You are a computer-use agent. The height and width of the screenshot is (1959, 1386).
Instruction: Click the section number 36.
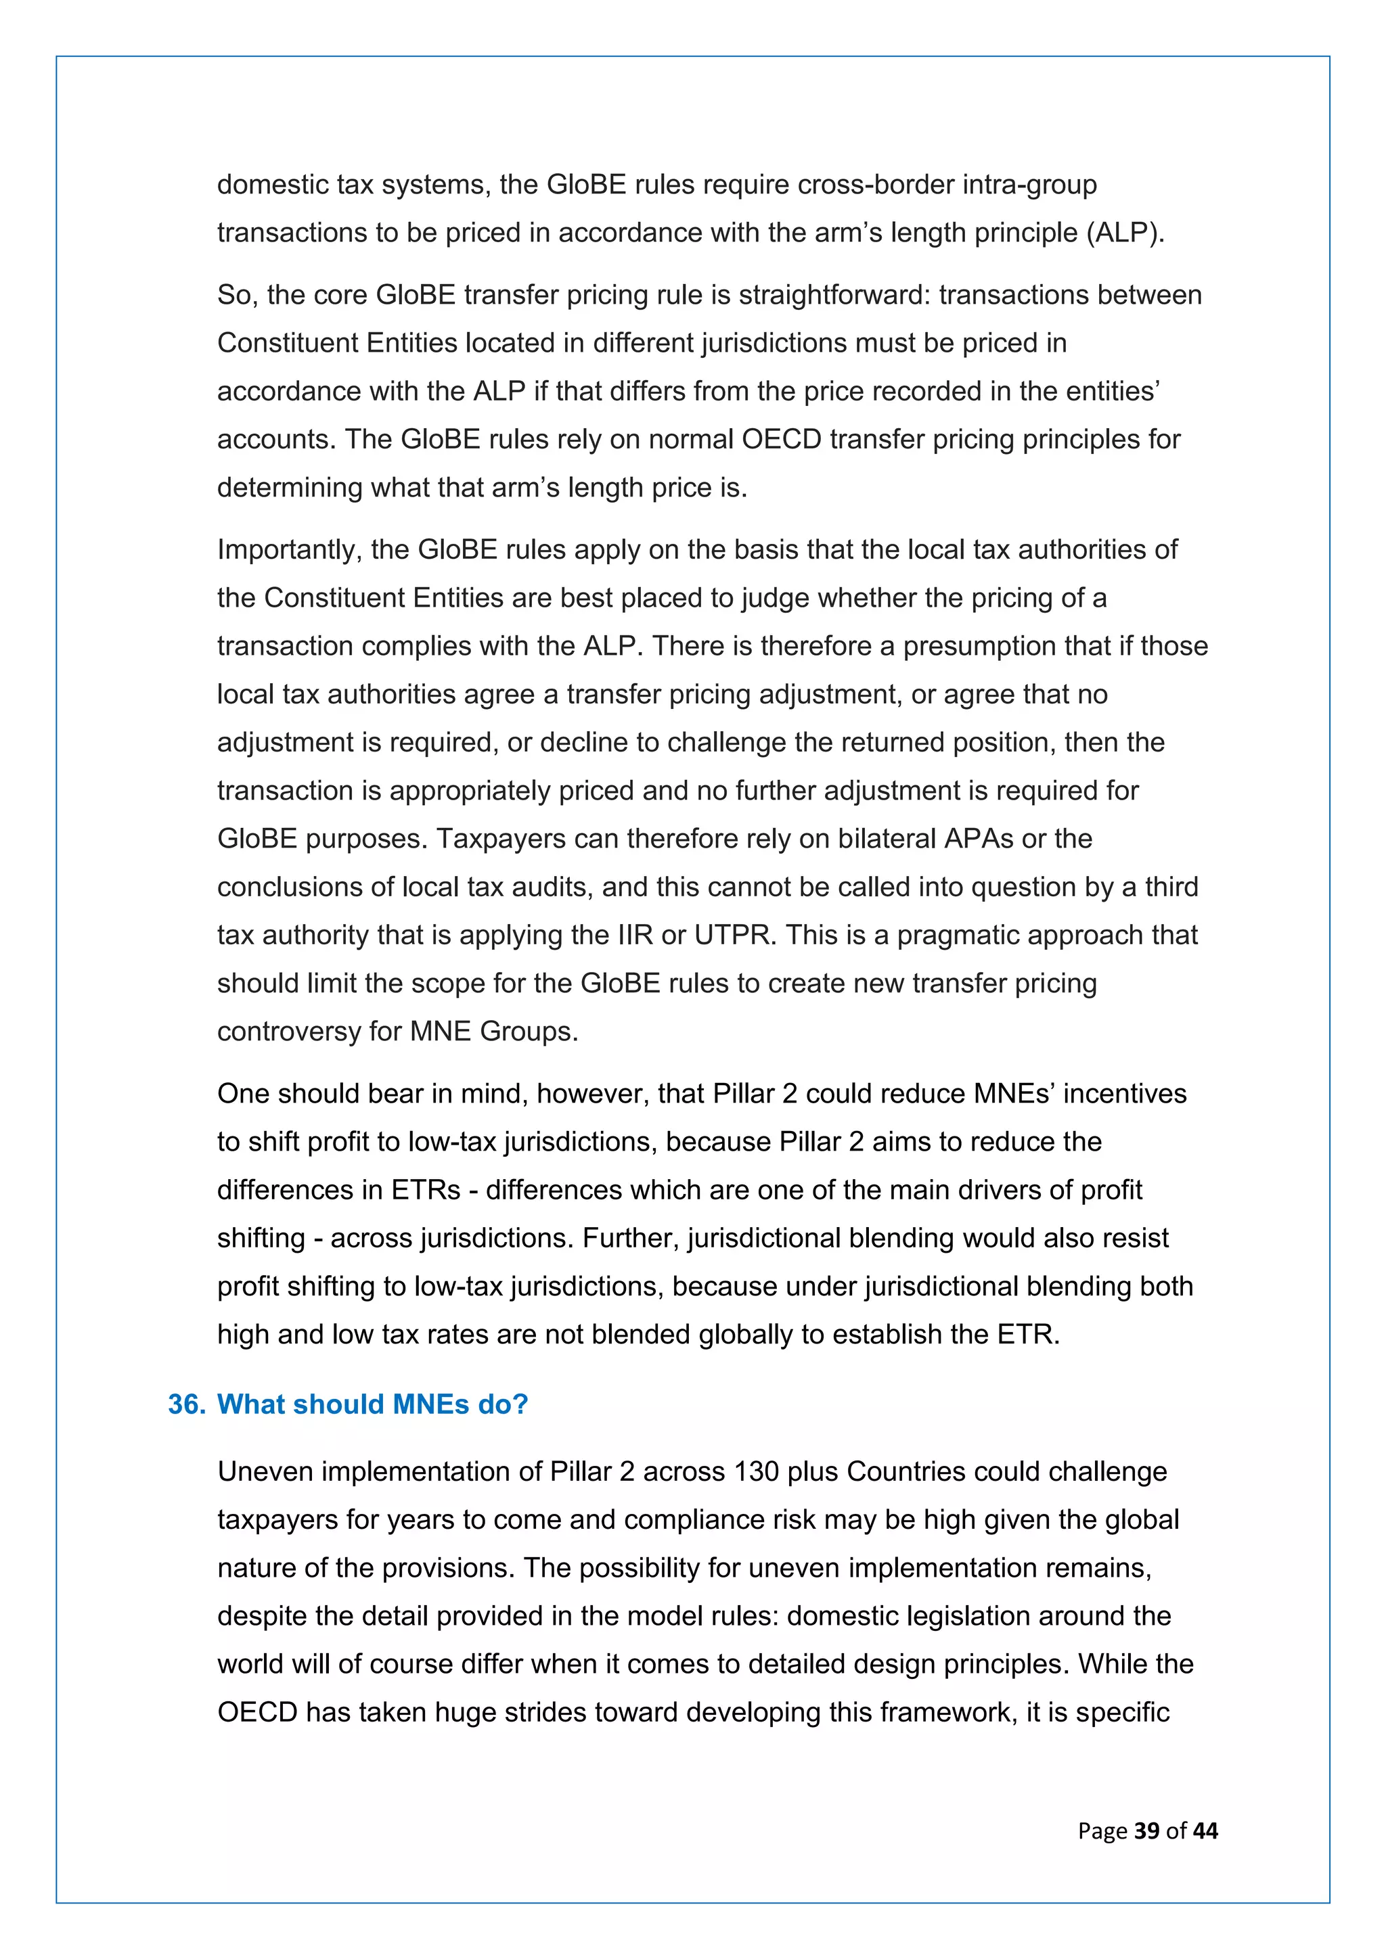tap(186, 1404)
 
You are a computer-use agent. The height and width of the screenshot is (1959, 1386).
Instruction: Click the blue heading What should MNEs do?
tap(372, 1404)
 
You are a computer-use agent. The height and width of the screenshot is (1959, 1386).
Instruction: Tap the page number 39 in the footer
tap(1146, 1830)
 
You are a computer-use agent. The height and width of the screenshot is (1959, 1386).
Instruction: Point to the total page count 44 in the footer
tap(1205, 1830)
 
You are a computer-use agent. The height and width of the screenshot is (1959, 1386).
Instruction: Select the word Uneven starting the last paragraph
tap(265, 1471)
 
